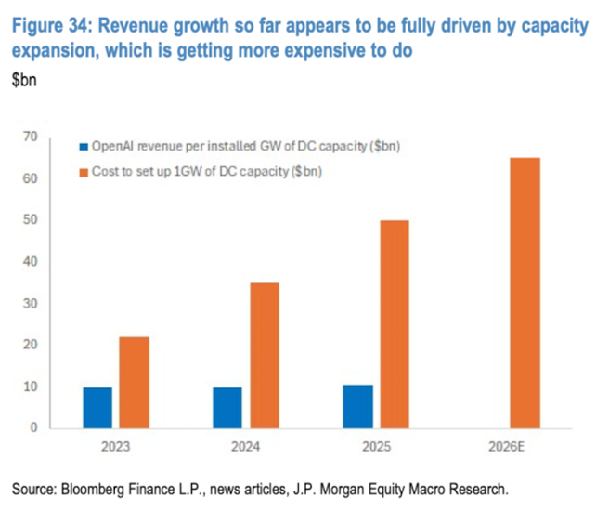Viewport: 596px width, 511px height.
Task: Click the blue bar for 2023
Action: [x=97, y=408]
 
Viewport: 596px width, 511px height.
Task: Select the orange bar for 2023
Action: [x=135, y=382]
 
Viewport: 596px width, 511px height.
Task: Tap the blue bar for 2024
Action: [x=227, y=408]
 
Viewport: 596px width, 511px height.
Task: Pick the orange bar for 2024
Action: [x=265, y=355]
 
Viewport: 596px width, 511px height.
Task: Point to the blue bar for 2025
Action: [x=357, y=406]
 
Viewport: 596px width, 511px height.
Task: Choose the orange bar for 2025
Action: [x=395, y=324]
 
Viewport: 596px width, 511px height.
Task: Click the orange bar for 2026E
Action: [x=525, y=293]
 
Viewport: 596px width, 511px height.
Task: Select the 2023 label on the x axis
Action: [x=116, y=446]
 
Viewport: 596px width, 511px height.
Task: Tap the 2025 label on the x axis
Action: [x=376, y=446]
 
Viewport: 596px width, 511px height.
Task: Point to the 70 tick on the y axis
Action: [x=30, y=137]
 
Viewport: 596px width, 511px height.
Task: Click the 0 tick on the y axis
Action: [x=33, y=428]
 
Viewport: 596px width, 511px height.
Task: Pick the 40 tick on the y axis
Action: [x=30, y=262]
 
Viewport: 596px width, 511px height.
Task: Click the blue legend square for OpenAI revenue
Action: [x=82, y=147]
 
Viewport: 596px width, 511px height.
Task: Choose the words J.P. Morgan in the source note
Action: [x=350, y=488]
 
